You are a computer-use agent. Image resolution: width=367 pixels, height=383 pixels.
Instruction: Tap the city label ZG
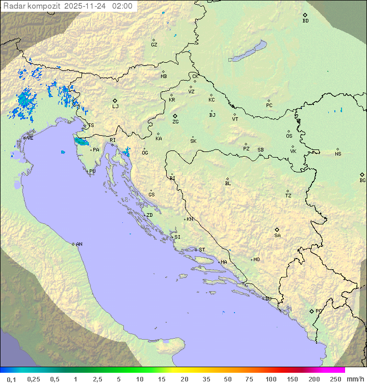[x=175, y=122]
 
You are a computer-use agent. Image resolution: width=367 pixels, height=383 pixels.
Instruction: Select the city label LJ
[x=115, y=106]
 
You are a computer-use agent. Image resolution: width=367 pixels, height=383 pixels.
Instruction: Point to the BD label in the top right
[x=305, y=21]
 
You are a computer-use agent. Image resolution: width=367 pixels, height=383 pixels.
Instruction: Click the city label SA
[x=277, y=236]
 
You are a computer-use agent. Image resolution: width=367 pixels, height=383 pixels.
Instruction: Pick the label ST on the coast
[x=202, y=250]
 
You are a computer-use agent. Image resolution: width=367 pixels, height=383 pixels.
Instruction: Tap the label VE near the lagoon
[x=30, y=138]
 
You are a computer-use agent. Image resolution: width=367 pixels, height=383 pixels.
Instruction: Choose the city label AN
[x=79, y=244]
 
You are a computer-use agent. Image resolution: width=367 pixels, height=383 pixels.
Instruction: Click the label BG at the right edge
[x=362, y=180]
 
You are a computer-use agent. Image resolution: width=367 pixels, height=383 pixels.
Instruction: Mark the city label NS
[x=338, y=154]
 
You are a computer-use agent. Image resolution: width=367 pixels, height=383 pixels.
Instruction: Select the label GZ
[x=154, y=44]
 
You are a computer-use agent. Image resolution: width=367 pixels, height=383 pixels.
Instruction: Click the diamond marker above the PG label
[x=312, y=311]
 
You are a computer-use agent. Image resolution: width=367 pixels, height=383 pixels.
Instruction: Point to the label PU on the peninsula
[x=92, y=171]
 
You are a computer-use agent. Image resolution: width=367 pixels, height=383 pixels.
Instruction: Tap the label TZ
[x=289, y=195]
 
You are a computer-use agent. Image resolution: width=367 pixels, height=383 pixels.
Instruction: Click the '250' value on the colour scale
[x=335, y=379]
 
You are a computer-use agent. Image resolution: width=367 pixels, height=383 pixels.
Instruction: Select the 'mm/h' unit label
[x=355, y=379]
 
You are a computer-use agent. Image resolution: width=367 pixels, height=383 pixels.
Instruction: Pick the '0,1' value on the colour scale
[x=11, y=379]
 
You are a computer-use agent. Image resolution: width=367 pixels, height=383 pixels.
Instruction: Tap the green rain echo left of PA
[x=81, y=141]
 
